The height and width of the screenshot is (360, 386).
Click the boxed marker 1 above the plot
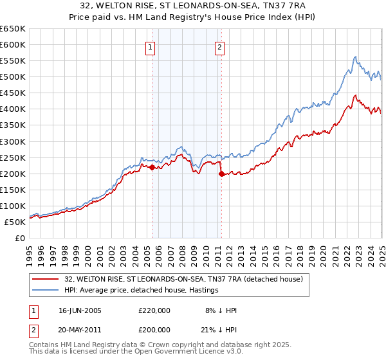pyautogui.click(x=150, y=46)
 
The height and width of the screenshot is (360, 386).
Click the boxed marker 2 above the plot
pyautogui.click(x=219, y=46)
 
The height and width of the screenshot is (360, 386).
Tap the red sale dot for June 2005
pyautogui.click(x=152, y=167)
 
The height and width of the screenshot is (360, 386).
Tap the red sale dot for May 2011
pyautogui.click(x=221, y=174)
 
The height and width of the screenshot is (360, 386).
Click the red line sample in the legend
pyautogui.click(x=46, y=278)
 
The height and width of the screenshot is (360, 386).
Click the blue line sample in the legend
pyautogui.click(x=46, y=290)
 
